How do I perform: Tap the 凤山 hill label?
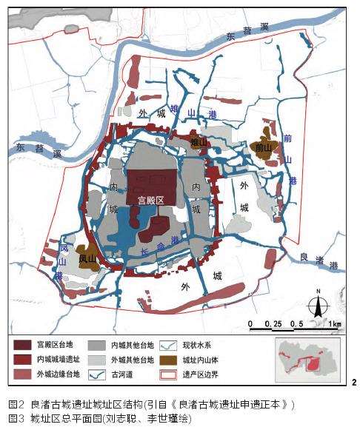coord(87,259)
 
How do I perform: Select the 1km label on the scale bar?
coord(334,324)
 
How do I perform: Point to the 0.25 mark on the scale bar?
coord(276,324)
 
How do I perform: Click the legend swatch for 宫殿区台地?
coord(23,344)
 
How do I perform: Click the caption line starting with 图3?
coord(99,418)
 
